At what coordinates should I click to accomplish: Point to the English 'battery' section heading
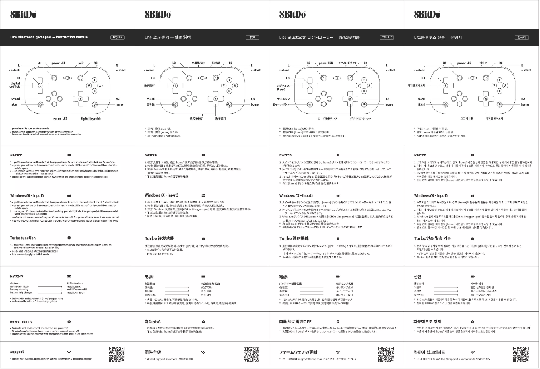18,276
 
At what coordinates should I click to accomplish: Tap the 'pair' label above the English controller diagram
81,62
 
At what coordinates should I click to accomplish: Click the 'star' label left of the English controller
13,105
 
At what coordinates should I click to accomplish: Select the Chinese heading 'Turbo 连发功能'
160,238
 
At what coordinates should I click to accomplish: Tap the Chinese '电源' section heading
149,276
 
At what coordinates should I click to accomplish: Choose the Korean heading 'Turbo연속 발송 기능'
433,238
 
